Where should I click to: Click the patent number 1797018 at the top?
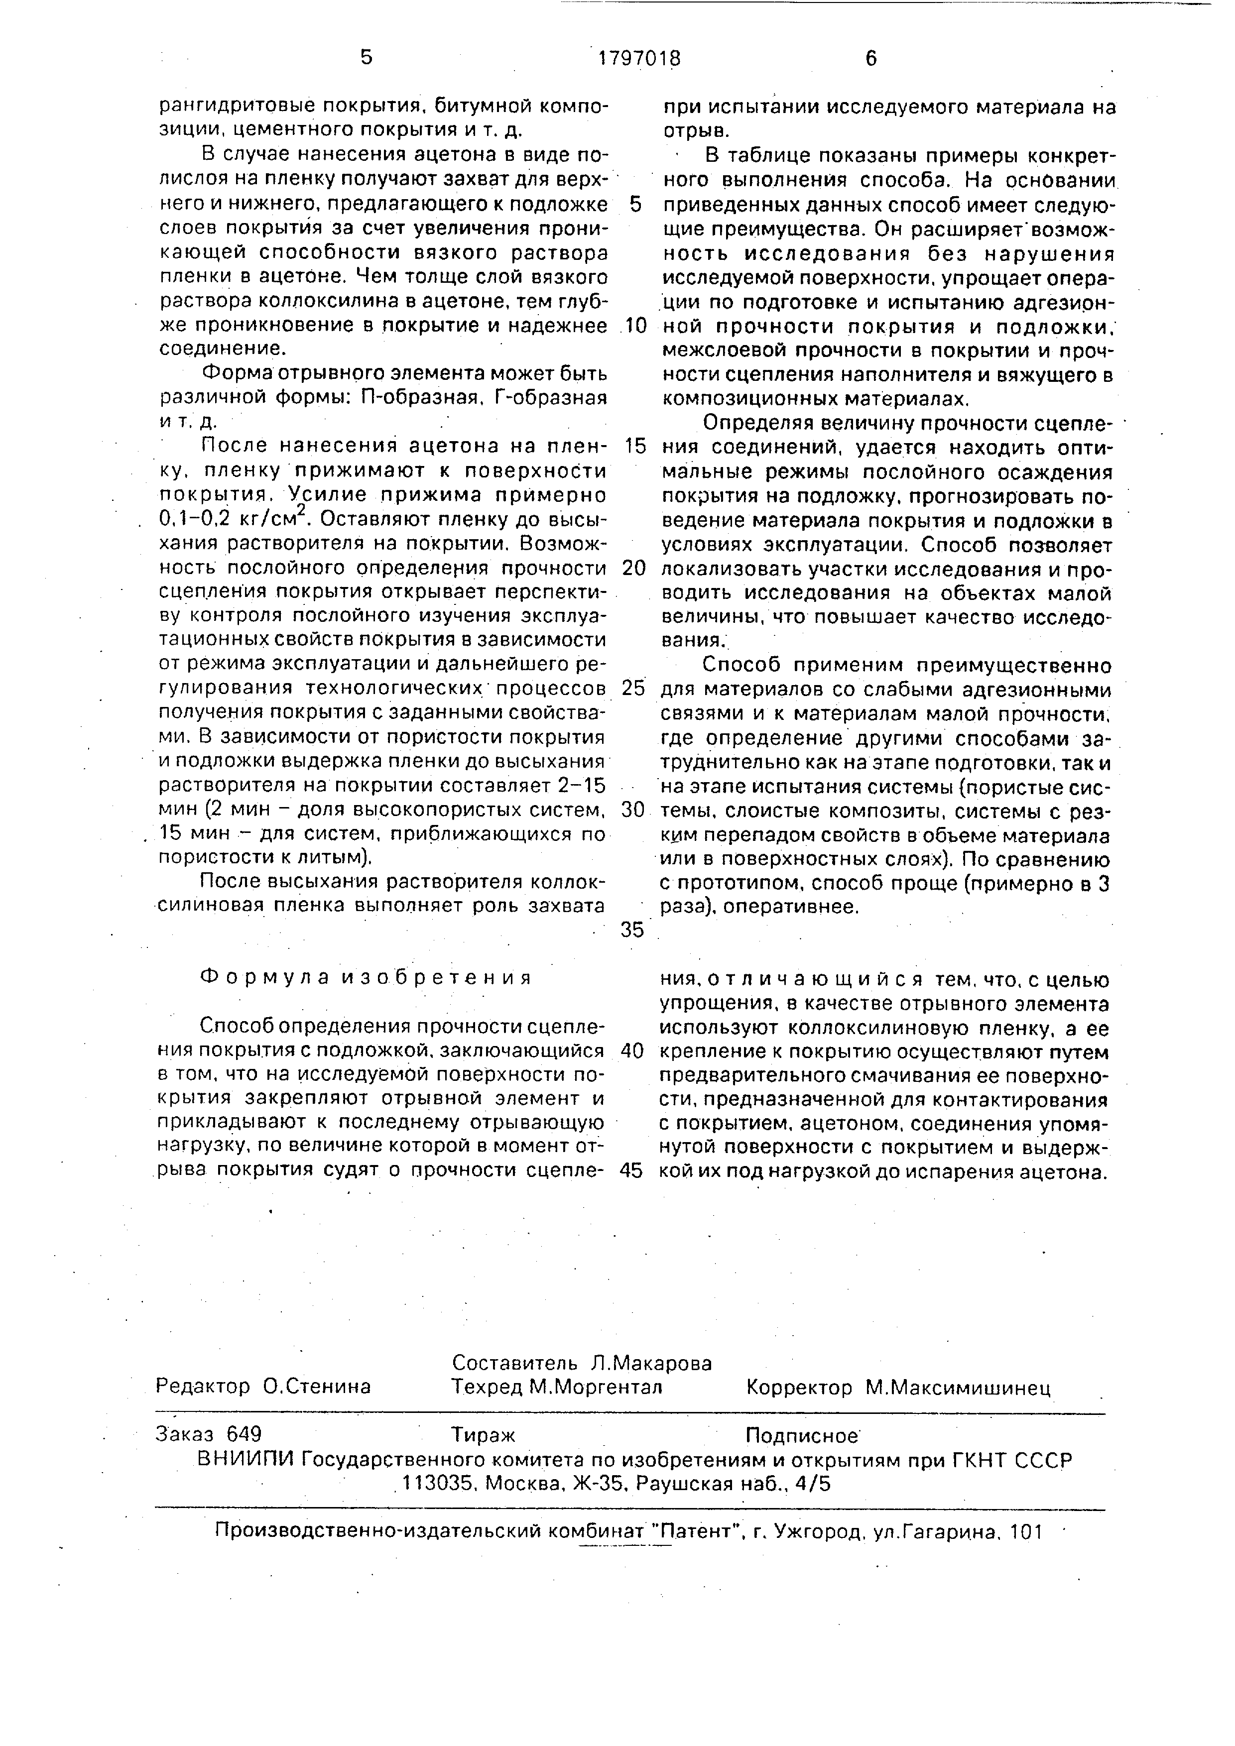point(639,59)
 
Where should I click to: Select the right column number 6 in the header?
point(871,59)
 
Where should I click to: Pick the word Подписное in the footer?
point(802,1435)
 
